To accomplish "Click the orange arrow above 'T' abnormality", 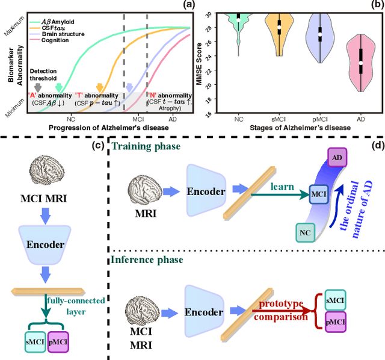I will [x=100, y=88].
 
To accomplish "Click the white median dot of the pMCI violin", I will [x=320, y=37].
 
